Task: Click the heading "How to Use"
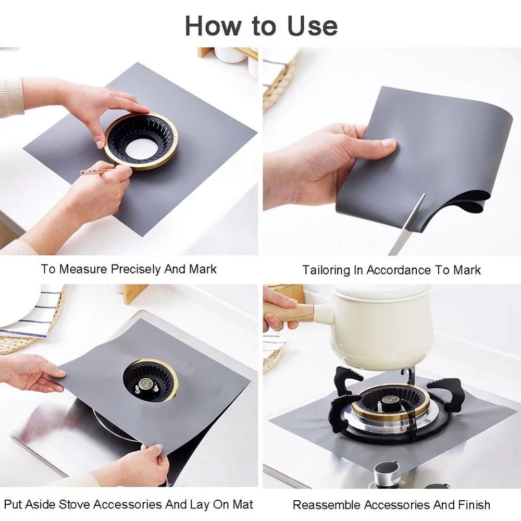[261, 25]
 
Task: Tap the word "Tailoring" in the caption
[326, 270]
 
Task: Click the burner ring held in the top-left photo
[141, 141]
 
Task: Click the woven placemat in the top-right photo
[279, 83]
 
